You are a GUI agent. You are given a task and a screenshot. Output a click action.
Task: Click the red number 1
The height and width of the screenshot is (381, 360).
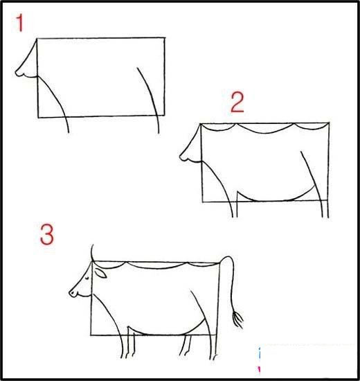[20, 25]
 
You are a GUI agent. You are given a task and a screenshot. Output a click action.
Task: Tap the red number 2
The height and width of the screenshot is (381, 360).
[237, 104]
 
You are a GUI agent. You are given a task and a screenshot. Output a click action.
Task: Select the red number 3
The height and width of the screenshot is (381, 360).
[46, 236]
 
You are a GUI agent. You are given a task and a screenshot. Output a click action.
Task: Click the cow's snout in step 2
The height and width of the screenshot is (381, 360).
[185, 154]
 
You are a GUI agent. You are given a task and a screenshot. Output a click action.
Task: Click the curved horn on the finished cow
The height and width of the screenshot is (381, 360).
[93, 253]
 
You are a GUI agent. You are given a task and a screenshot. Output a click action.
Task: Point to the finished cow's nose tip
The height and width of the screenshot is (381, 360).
[71, 294]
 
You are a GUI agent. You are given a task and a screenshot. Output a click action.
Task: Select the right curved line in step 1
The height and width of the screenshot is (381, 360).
[150, 97]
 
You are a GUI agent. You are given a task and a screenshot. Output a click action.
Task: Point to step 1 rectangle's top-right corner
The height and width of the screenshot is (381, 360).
[165, 37]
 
